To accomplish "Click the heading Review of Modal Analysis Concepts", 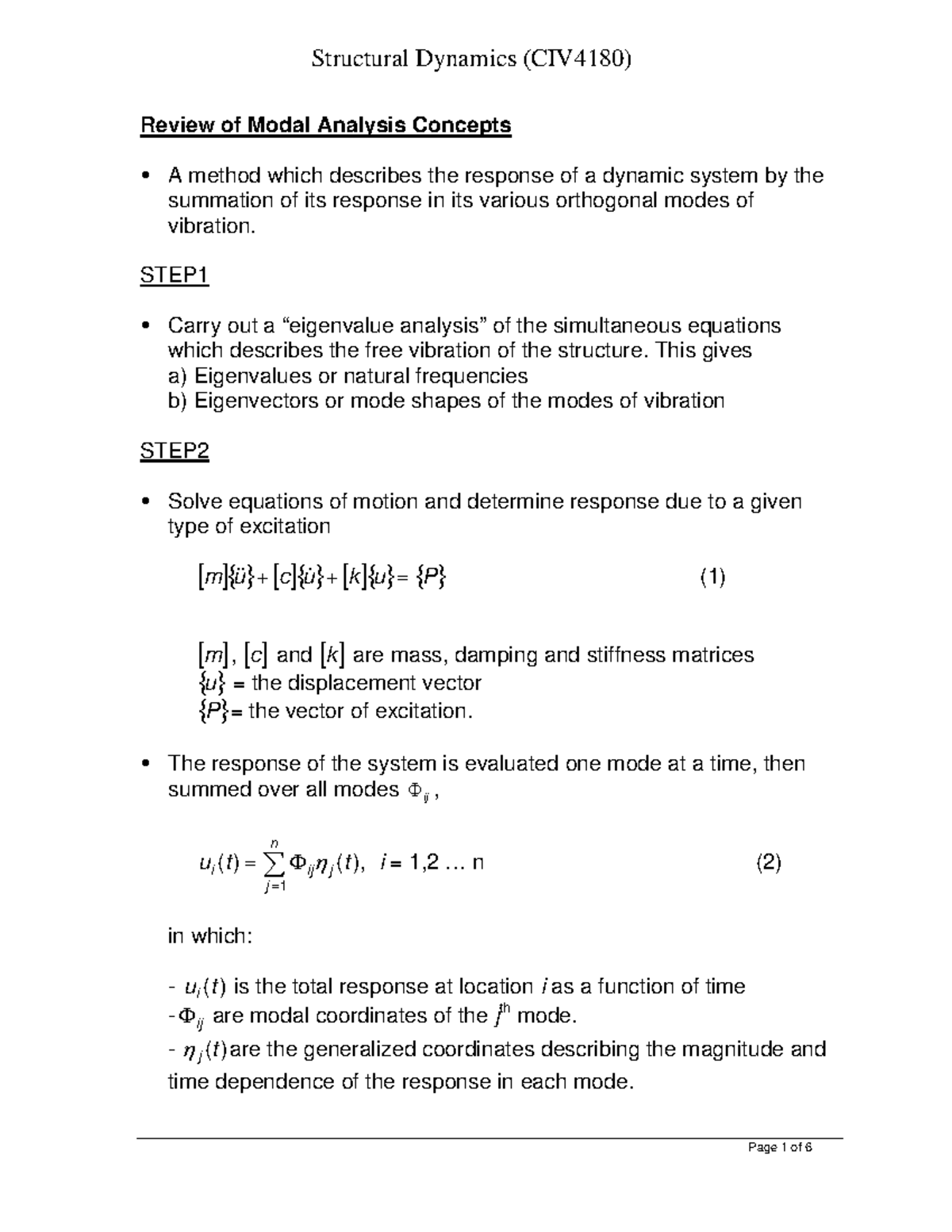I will pos(325,125).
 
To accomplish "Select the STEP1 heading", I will pos(175,276).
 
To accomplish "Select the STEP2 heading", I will pos(175,451).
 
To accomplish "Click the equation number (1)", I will pos(712,578).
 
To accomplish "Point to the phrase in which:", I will pos(210,936).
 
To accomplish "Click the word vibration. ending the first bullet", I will pos(213,226).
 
